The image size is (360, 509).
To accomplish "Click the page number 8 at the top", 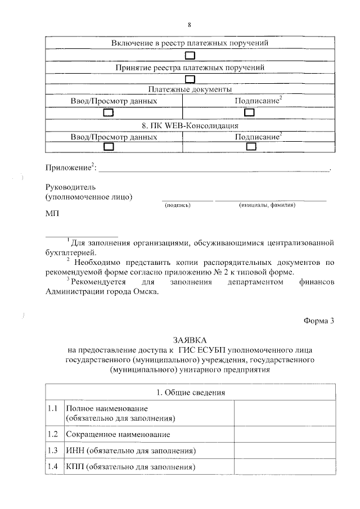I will (x=190, y=24).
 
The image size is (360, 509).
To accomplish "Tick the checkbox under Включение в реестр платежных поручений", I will (x=190, y=55).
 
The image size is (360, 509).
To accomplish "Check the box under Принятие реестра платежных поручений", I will (x=190, y=79).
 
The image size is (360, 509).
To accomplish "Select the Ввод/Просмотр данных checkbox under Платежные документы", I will (x=109, y=113).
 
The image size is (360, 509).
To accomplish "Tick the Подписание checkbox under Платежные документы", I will (x=251, y=113).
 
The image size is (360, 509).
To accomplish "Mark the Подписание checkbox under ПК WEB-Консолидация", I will (x=251, y=147).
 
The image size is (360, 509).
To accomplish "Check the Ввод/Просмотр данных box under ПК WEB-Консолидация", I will (x=109, y=147).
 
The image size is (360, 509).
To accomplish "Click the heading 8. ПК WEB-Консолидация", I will (x=190, y=125).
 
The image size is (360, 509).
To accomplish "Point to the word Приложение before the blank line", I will (x=69, y=168).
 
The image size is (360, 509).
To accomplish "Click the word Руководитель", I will (x=70, y=187).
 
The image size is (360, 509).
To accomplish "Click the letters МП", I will (x=51, y=214).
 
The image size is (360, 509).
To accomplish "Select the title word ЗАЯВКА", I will (x=190, y=340).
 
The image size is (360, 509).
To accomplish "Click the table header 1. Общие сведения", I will (x=190, y=391).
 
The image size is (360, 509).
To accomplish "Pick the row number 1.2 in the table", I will (x=53, y=434).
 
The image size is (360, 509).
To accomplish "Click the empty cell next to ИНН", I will (x=285, y=451).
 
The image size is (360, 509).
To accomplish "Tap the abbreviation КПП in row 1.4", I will (x=75, y=467).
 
